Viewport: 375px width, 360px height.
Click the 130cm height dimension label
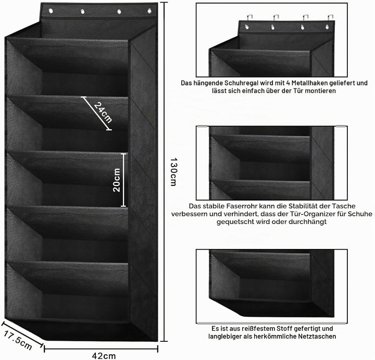173,172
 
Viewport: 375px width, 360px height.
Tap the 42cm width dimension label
104,356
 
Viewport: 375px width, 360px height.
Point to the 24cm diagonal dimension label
103,113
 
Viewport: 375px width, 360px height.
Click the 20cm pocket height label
117,180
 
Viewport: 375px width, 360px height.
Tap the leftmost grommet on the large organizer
51,11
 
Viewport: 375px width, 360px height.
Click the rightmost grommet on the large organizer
149,11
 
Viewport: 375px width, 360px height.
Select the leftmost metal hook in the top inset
248,18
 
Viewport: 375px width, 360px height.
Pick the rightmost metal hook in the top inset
330,18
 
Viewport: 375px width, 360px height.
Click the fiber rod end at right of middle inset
341,126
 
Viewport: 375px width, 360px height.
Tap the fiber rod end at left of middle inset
202,126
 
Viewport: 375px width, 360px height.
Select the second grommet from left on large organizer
82,11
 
